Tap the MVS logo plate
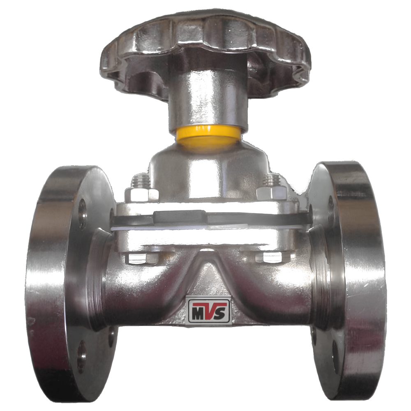click(x=209, y=311)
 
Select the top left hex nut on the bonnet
click(x=142, y=194)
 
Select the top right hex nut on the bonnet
click(x=271, y=193)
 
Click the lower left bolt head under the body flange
click(x=141, y=258)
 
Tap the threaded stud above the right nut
click(x=272, y=180)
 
